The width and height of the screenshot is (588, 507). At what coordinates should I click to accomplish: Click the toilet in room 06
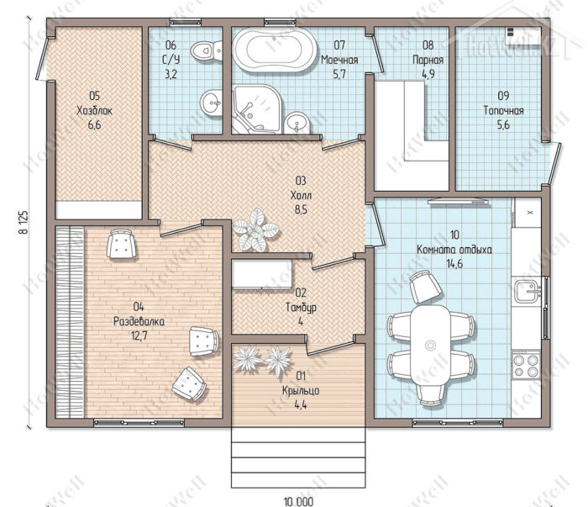tap(207, 50)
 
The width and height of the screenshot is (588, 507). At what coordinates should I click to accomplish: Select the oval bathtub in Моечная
tap(276, 50)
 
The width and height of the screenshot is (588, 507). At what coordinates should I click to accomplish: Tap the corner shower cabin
tap(256, 109)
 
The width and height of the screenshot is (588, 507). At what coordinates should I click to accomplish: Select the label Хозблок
tap(94, 111)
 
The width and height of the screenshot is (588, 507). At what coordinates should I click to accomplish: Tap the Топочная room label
tap(503, 111)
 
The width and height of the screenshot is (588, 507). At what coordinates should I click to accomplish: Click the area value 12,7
tap(139, 335)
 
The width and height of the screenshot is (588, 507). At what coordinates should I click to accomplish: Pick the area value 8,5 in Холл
tap(301, 209)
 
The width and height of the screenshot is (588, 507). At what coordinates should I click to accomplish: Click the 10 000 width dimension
tap(298, 501)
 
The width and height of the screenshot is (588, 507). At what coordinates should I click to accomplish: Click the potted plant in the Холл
tap(255, 230)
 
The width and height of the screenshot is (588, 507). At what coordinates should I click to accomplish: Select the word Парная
tap(428, 60)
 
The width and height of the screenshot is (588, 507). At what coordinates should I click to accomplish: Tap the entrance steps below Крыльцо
tap(298, 457)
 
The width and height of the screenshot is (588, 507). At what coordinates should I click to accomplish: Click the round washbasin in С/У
tap(212, 102)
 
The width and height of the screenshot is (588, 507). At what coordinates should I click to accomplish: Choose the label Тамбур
tap(301, 307)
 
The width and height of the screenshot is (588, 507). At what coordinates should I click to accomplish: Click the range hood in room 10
tap(459, 202)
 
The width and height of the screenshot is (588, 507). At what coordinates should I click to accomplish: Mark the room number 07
tap(339, 45)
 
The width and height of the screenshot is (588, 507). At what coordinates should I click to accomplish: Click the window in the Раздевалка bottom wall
tap(139, 423)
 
